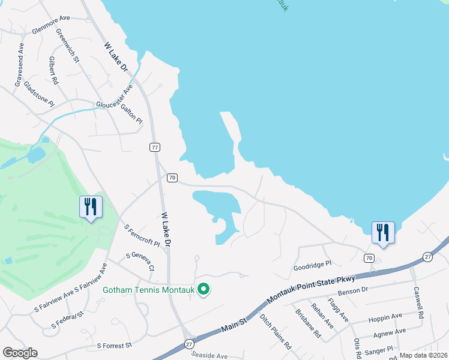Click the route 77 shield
(155, 147)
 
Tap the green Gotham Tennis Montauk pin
(204, 290)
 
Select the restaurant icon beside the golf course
(91, 208)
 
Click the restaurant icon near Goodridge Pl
(383, 233)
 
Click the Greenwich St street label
(67, 45)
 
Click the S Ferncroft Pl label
(142, 236)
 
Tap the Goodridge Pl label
(312, 265)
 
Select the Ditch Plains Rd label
(276, 331)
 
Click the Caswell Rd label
(418, 302)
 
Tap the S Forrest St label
(113, 346)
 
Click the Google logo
(20, 353)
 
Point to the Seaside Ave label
(210, 356)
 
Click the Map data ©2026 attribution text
(423, 355)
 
